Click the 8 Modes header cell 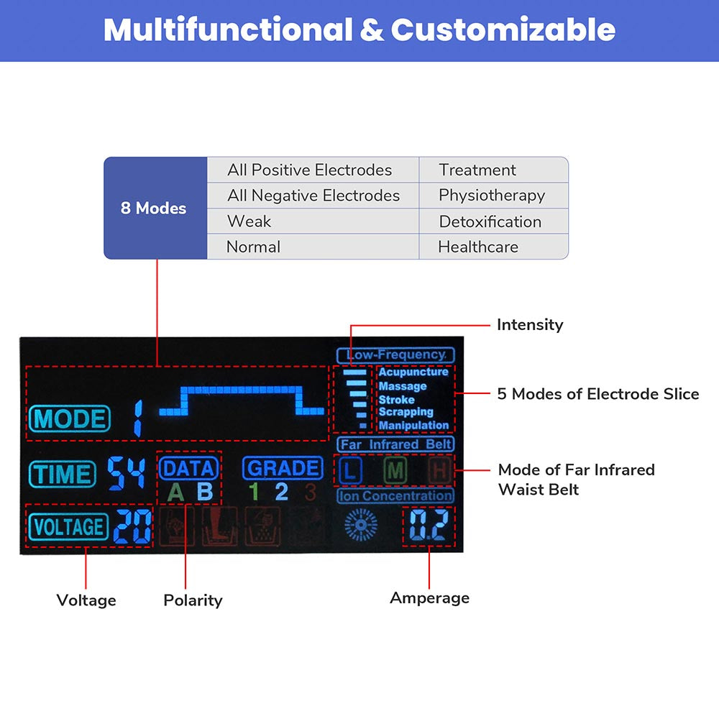tap(154, 209)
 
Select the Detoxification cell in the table tap(490, 221)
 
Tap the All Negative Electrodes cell tap(313, 196)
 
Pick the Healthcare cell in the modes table tap(478, 247)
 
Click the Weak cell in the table tap(249, 221)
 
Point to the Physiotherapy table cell tap(492, 196)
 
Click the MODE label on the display tap(70, 419)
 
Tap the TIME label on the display tap(63, 475)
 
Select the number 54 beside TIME tap(127, 474)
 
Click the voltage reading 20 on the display tap(133, 528)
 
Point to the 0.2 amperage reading tap(429, 526)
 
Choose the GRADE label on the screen tap(283, 469)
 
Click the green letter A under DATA tap(175, 493)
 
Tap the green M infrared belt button tap(395, 472)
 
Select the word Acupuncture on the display tap(413, 372)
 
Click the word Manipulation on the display tap(413, 426)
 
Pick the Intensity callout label tap(530, 325)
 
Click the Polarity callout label tap(193, 600)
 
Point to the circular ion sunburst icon tap(361, 525)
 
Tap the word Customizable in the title tap(503, 30)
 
